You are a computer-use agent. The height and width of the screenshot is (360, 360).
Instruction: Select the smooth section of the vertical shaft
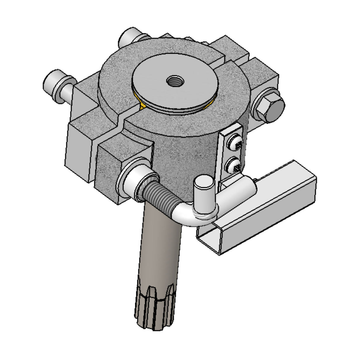point(160,243)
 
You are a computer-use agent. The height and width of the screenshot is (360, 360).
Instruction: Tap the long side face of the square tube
point(267,214)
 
